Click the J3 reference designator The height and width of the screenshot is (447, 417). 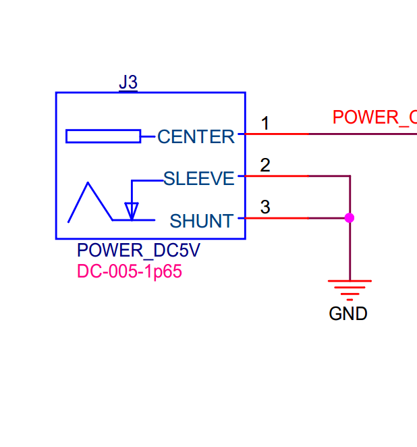(128, 82)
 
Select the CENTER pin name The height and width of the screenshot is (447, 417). (196, 137)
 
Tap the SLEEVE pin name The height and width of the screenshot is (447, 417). (199, 179)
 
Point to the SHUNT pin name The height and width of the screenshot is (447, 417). (202, 221)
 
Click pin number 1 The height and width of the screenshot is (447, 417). (265, 124)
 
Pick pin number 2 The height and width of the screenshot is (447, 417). (265, 165)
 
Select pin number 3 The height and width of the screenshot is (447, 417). (265, 207)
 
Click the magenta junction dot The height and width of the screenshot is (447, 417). (350, 217)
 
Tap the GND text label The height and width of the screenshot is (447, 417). (348, 314)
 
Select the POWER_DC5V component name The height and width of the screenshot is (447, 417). (138, 251)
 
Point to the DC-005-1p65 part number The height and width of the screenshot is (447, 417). (130, 272)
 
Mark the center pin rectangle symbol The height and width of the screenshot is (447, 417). (103, 136)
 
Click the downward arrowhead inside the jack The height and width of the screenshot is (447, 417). (132, 211)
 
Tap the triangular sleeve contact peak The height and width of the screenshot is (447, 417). (88, 184)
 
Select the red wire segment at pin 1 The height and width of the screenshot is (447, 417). (277, 134)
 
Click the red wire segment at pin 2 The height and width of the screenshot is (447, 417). (277, 176)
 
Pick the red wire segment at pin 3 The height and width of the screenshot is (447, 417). (277, 217)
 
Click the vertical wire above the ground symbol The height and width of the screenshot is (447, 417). (350, 250)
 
